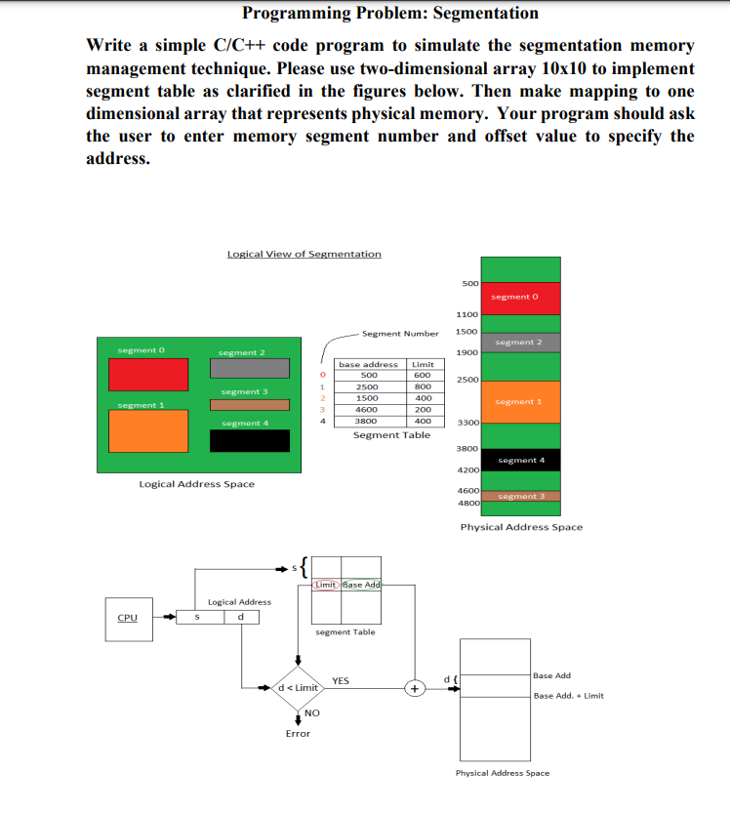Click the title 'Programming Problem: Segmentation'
point(389,13)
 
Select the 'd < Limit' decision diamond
point(297,688)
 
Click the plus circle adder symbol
point(416,688)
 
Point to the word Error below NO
point(298,734)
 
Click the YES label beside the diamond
point(342,680)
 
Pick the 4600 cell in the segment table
point(369,410)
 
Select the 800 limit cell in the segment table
point(423,386)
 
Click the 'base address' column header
point(368,364)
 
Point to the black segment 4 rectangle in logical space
point(250,440)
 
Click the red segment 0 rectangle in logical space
point(147,374)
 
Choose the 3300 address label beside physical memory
point(466,423)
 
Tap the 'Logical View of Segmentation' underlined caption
point(304,254)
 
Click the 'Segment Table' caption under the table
point(391,435)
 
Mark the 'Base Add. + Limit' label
point(569,696)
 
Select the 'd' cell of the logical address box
point(240,617)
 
